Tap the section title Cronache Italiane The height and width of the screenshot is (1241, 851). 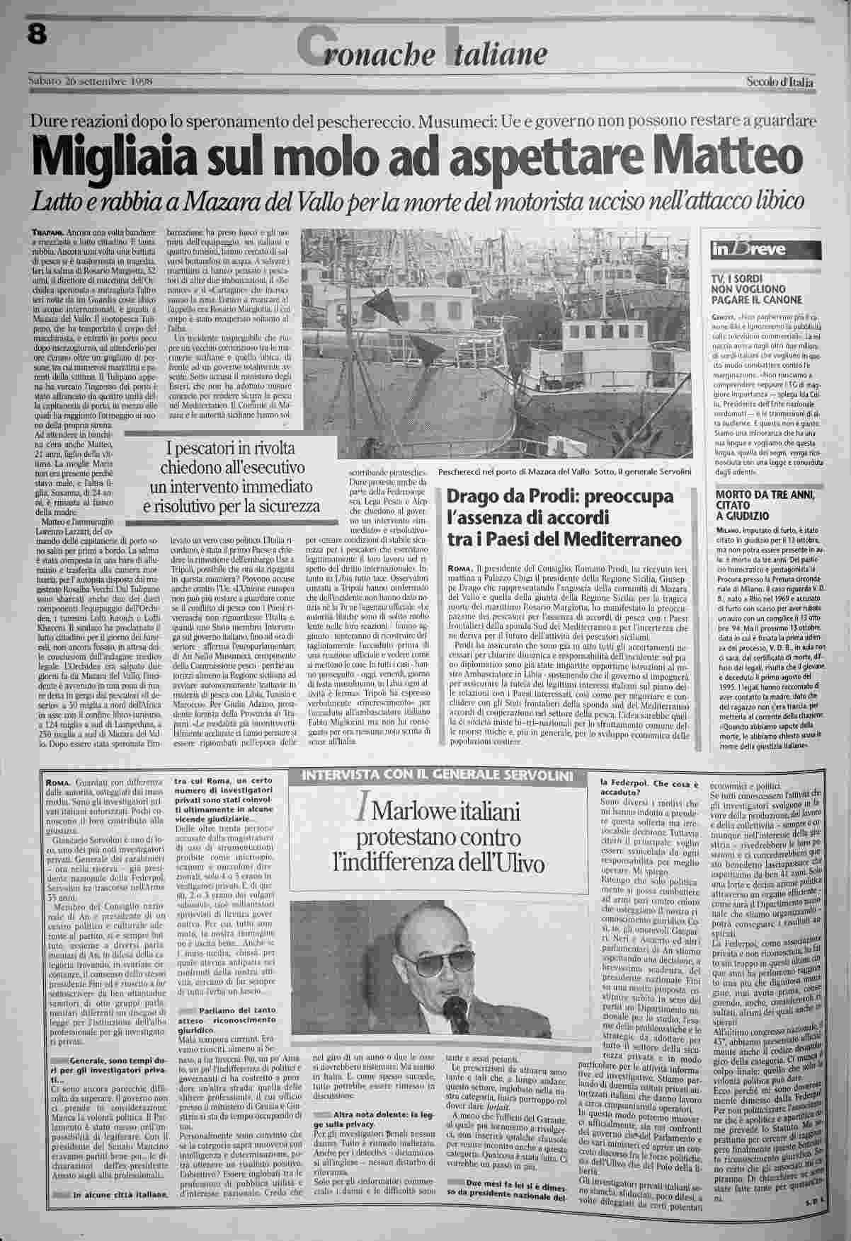423,51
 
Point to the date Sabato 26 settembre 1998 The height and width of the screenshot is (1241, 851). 92,79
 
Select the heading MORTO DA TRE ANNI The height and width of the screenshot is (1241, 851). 760,494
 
